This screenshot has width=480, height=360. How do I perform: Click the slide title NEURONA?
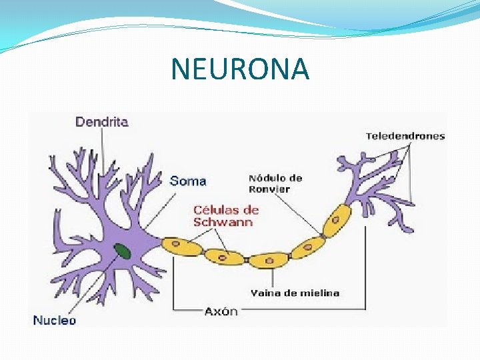coord(240,69)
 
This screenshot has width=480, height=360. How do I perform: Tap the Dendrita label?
coord(101,121)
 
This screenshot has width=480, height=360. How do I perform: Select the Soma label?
coord(188,180)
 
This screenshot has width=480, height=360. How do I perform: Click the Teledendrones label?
coord(405,137)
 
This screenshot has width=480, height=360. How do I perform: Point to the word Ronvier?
coord(269,189)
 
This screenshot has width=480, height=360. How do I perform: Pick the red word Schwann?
coord(223,222)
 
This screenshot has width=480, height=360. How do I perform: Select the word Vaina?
coord(265,293)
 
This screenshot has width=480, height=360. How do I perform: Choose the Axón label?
coord(221,311)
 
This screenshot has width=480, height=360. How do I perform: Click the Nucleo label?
coord(55,320)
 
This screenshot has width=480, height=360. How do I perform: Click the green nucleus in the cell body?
coord(122,251)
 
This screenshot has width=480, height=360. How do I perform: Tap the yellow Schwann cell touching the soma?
coord(181,245)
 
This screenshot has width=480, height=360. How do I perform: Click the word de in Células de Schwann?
coord(250,209)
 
